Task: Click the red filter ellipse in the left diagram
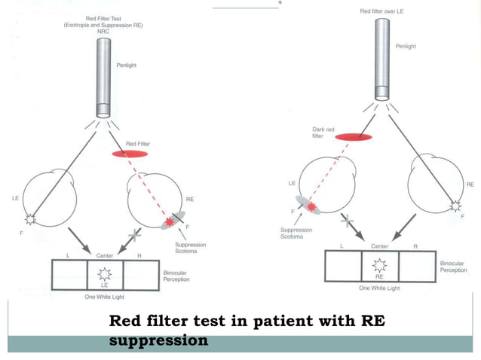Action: [130, 154]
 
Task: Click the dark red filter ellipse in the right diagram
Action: [354, 138]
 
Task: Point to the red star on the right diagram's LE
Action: [311, 206]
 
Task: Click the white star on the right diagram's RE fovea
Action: [455, 205]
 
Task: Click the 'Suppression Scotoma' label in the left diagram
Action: [191, 249]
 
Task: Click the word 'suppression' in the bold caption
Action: [158, 340]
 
